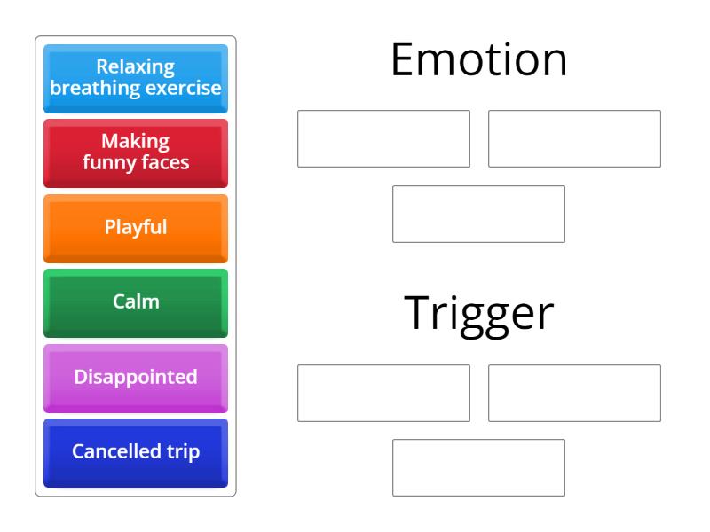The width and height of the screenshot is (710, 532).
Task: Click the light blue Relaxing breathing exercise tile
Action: pyautogui.click(x=136, y=78)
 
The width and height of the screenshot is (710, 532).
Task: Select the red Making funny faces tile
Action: pyautogui.click(x=136, y=153)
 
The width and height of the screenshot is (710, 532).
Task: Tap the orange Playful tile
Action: pyautogui.click(x=136, y=227)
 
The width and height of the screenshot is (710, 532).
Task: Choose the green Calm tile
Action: pyautogui.click(x=136, y=301)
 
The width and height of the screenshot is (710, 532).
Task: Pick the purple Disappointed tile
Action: pyautogui.click(x=136, y=377)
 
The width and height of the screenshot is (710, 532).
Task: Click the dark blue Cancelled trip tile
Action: pyautogui.click(x=136, y=451)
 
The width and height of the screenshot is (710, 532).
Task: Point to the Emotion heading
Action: pyautogui.click(x=479, y=61)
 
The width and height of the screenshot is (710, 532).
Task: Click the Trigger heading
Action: pyautogui.click(x=479, y=313)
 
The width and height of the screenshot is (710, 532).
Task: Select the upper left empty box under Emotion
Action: pyautogui.click(x=383, y=138)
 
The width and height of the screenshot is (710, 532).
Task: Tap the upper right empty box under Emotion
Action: pyautogui.click(x=574, y=138)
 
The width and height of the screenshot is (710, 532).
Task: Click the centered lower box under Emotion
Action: pyautogui.click(x=479, y=214)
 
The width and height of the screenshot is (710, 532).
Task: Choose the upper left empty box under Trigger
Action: pyautogui.click(x=383, y=393)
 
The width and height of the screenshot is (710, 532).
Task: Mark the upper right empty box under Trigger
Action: pyautogui.click(x=574, y=393)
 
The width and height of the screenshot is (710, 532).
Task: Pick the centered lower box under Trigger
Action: pyautogui.click(x=479, y=467)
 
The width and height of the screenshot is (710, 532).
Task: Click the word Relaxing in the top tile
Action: pyautogui.click(x=136, y=68)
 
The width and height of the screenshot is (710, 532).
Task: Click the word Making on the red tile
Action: pyautogui.click(x=136, y=143)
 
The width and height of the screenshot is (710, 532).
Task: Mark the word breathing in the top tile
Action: pyautogui.click(x=98, y=88)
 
